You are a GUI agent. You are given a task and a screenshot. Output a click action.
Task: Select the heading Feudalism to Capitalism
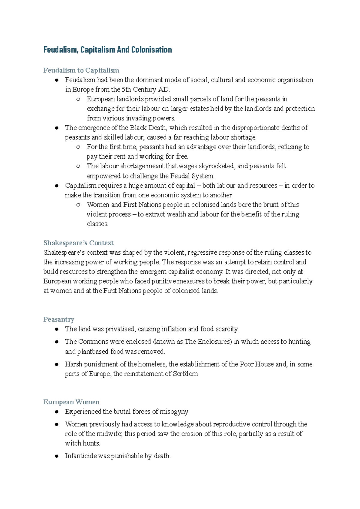tap(81, 70)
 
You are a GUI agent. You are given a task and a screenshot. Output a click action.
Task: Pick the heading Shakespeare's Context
tap(78, 243)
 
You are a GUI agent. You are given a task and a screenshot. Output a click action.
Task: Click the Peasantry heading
tap(58, 319)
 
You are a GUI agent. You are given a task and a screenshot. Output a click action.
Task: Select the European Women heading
tap(71, 402)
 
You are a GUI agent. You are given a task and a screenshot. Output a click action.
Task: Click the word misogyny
tap(174, 412)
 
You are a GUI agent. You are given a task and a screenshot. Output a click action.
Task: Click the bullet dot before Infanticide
tap(56, 456)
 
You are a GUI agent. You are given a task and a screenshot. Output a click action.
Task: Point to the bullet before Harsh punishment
tap(56, 364)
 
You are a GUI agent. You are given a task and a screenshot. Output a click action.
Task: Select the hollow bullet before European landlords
tap(78, 99)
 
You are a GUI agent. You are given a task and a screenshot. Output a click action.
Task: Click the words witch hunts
tap(82, 443)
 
